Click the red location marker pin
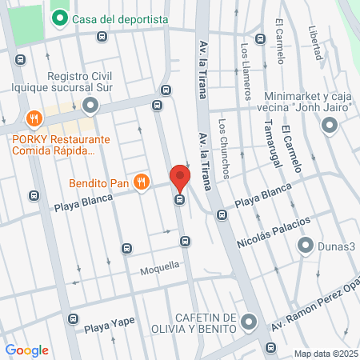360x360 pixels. (180, 178)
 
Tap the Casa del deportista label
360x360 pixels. (120, 19)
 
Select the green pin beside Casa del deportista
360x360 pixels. (58, 18)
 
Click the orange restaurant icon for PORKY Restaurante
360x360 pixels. (34, 119)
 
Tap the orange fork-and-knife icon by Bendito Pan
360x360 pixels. (142, 182)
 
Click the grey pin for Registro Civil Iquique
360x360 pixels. (90, 105)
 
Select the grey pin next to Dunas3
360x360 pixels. (305, 246)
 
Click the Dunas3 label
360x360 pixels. (336, 246)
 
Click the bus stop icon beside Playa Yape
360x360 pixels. (74, 318)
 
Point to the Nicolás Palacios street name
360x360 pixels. (272, 231)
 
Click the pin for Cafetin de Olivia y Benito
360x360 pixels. (248, 322)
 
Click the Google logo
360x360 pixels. (27, 350)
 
